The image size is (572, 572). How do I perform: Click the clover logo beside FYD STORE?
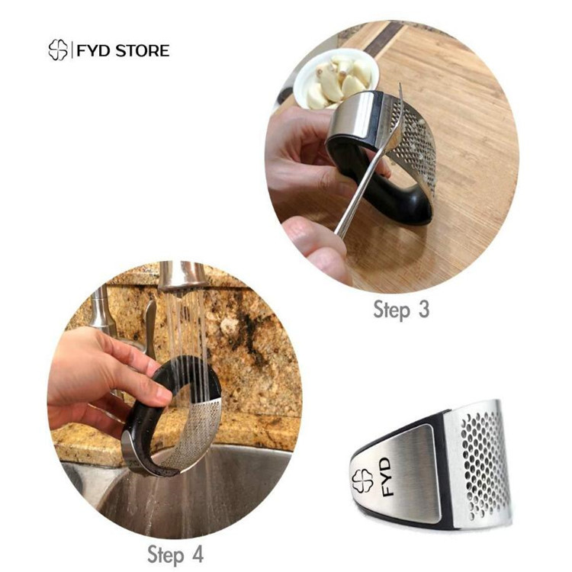(x=58, y=50)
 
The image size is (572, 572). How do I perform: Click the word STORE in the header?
(x=143, y=50)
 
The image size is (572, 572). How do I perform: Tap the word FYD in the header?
(x=92, y=50)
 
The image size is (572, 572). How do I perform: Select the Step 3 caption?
(x=401, y=310)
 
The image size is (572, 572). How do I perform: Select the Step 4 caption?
(x=175, y=555)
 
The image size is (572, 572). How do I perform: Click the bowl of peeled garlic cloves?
(x=336, y=79)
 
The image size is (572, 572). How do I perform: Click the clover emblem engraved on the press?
(x=362, y=480)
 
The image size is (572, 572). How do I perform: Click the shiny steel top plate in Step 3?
(x=351, y=116)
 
